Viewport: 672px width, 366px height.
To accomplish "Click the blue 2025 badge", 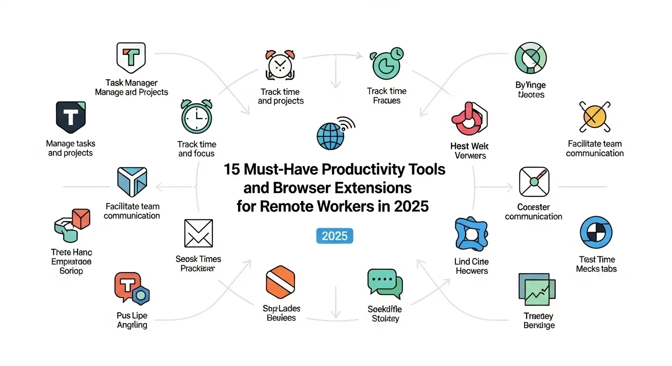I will coord(335,236).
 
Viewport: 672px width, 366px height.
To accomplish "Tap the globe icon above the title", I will coord(331,135).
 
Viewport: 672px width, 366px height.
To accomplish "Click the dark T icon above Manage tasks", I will coord(71,117).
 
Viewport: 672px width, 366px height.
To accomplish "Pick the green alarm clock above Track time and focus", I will coord(197,117).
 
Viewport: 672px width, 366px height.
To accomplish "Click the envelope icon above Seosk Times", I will coord(198,233).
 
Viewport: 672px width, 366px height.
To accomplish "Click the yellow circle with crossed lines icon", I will coord(595,116).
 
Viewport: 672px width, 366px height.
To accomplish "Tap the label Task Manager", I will coord(132,83).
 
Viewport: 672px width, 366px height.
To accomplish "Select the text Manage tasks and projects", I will coord(70,148).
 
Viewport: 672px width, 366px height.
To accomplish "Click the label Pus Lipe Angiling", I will coord(132,320).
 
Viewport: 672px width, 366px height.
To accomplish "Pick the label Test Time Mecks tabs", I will coord(596,264).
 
